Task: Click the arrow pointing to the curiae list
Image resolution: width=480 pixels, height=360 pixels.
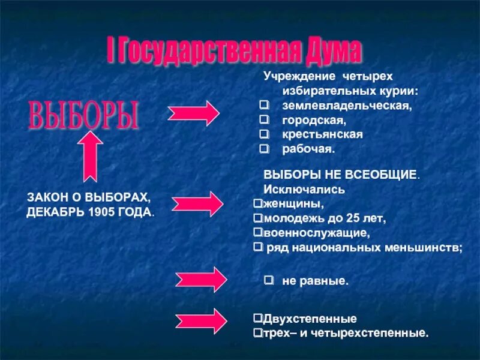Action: (x=194, y=112)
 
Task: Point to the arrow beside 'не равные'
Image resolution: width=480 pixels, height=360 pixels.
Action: (x=201, y=279)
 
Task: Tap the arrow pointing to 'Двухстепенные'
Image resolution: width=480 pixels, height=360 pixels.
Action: (x=201, y=321)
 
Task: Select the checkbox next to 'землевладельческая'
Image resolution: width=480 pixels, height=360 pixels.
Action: (x=263, y=106)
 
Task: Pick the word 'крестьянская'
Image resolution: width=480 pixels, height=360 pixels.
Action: (x=322, y=134)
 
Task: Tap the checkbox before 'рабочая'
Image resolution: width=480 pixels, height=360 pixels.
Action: (x=263, y=148)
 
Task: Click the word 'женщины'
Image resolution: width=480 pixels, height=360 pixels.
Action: (x=284, y=203)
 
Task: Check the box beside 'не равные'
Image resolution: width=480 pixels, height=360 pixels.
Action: (x=269, y=280)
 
